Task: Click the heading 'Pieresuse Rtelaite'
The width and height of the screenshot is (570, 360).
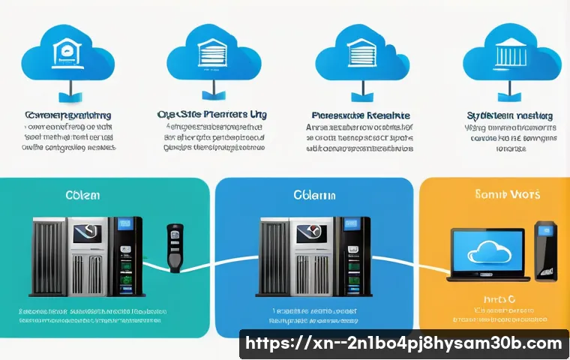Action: tap(360, 116)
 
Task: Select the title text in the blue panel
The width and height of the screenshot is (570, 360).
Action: tap(315, 195)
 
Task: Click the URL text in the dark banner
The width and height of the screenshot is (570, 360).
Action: tap(404, 343)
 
